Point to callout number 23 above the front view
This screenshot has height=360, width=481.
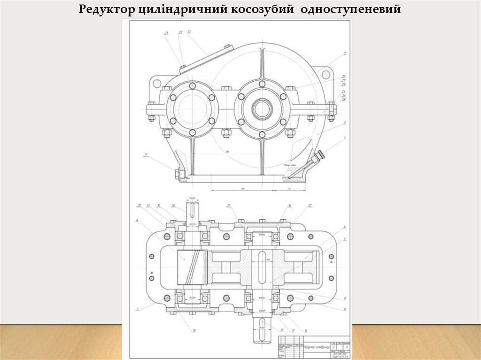pos(166,33)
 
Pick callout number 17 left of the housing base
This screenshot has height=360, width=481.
pos(146,154)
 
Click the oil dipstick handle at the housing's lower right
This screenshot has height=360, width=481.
pos(320,155)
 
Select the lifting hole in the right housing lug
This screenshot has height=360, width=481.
pos(326,75)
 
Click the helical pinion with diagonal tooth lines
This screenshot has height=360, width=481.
pos(192,267)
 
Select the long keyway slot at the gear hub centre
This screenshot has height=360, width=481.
pos(261,267)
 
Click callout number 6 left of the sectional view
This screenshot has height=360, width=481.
pos(137,220)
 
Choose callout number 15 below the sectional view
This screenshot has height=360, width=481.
pos(194,330)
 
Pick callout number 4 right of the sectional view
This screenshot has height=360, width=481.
pos(345,227)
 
